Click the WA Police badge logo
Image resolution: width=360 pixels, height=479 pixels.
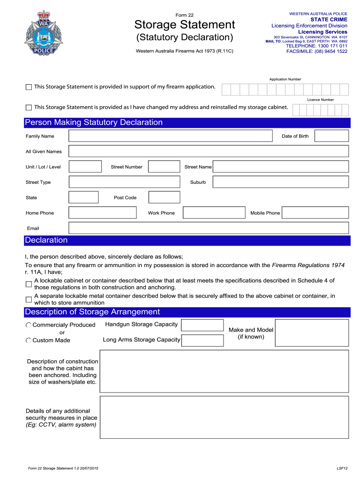(x=45, y=33)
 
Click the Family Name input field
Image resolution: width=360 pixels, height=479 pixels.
(x=170, y=136)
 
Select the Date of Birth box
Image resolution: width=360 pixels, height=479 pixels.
(x=331, y=136)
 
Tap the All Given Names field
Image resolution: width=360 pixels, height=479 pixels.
(x=209, y=151)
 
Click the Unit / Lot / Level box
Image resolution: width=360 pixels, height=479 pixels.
(x=85, y=167)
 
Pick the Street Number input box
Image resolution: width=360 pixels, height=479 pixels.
(x=164, y=167)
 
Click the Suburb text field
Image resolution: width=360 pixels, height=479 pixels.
(x=281, y=182)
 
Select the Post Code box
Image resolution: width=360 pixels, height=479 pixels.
(x=164, y=197)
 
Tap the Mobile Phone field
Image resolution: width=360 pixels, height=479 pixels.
(x=316, y=213)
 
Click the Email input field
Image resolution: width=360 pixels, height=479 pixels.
(x=209, y=228)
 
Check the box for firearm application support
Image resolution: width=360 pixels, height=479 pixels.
(x=29, y=87)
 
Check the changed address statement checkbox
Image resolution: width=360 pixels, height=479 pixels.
(x=29, y=108)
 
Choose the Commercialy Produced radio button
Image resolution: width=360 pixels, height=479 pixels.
(x=29, y=325)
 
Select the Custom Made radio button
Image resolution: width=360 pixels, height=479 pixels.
(x=29, y=341)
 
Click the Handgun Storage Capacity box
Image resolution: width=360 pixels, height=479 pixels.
(x=202, y=325)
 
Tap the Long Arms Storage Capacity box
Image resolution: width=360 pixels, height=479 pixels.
(x=202, y=340)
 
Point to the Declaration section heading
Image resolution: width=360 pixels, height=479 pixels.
(x=46, y=240)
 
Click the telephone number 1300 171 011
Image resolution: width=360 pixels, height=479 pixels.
(x=317, y=46)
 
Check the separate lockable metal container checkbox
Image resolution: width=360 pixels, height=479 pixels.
(x=29, y=299)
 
